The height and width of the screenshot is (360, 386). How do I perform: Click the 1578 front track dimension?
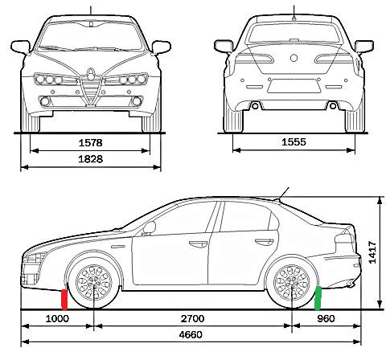click(91, 143)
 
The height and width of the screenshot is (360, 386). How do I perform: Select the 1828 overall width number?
click(91, 159)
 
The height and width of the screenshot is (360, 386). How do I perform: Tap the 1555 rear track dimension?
click(294, 142)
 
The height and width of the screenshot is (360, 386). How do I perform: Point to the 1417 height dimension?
click(372, 252)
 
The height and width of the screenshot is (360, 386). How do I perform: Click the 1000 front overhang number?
click(57, 319)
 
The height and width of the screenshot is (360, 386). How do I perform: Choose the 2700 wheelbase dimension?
click(192, 319)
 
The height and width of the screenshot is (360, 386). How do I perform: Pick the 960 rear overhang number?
click(326, 319)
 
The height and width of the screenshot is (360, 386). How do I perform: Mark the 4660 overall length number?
click(191, 334)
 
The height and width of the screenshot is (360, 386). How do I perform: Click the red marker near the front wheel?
click(64, 300)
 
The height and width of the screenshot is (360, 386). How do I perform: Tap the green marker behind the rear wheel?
click(318, 298)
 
